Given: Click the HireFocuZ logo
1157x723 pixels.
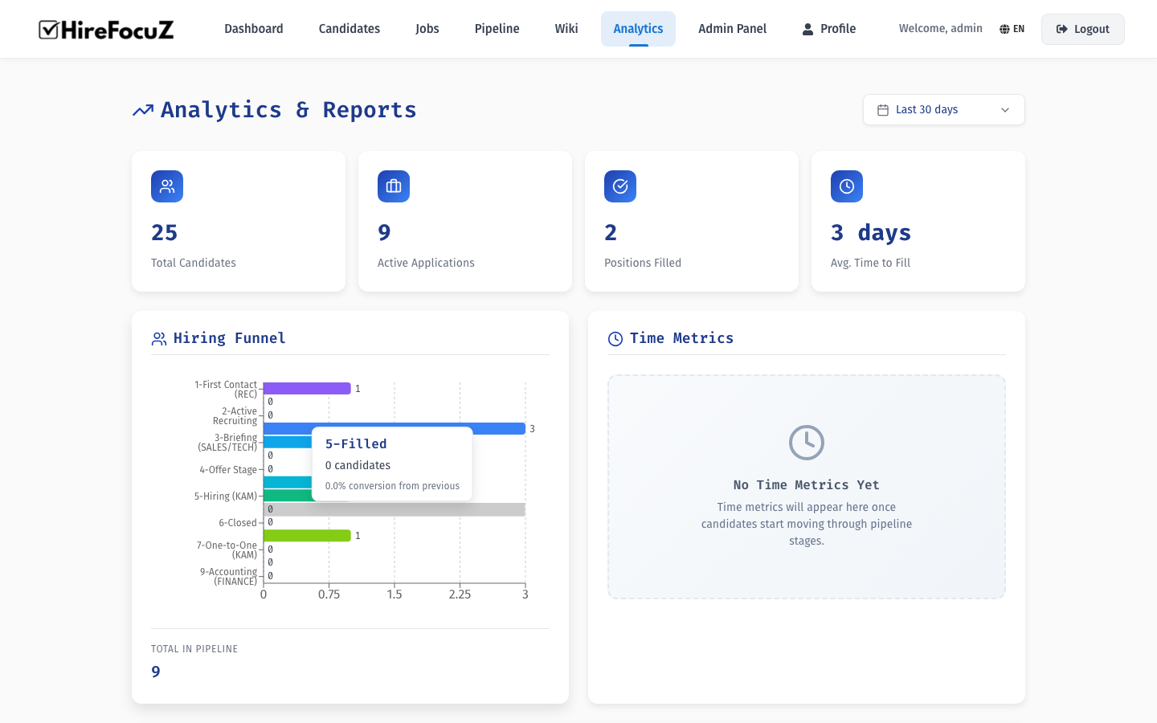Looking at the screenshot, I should [106, 30].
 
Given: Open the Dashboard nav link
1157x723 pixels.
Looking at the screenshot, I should [253, 29].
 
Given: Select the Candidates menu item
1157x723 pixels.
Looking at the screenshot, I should [349, 29].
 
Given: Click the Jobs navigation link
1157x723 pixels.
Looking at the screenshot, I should [427, 29].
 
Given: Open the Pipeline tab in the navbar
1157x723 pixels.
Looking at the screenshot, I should [497, 29].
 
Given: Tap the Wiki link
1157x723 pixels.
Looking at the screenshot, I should [566, 29].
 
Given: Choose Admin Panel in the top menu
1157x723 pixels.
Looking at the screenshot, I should [732, 29].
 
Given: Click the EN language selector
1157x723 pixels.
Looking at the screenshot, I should [1012, 29].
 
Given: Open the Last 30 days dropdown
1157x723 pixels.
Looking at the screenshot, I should [943, 110].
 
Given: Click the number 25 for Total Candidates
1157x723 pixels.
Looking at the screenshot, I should [164, 233].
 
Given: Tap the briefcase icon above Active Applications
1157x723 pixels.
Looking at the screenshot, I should [394, 186].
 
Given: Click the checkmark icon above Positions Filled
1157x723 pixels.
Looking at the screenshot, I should [620, 186].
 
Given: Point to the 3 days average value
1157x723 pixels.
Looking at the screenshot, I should [870, 233].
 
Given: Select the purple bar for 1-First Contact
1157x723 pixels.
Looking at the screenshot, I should [307, 389].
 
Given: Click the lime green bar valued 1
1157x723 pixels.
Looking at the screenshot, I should [307, 536].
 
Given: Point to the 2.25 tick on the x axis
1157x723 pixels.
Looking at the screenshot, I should [460, 594].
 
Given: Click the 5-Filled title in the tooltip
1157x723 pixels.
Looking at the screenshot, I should [356, 444].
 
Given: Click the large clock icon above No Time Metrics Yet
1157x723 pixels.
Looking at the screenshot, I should [806, 443].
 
